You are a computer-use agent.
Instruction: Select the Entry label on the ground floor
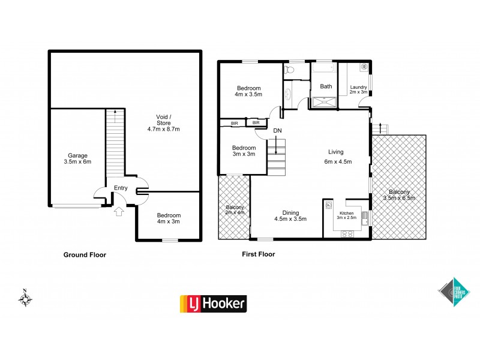(x=121, y=188)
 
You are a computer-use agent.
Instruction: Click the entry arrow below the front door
(x=118, y=211)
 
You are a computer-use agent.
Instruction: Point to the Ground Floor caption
(x=85, y=254)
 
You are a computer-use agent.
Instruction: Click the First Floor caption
(x=258, y=254)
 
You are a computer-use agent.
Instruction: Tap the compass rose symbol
(x=26, y=298)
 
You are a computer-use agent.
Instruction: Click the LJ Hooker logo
(x=213, y=304)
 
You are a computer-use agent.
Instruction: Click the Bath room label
(x=326, y=86)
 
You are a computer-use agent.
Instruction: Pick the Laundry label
(x=359, y=89)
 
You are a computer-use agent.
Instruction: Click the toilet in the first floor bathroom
(x=290, y=71)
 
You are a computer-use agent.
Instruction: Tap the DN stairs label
(x=277, y=130)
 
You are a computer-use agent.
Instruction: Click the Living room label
(x=335, y=156)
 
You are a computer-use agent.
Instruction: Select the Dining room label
(x=290, y=215)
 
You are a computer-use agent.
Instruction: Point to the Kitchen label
(x=347, y=215)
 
